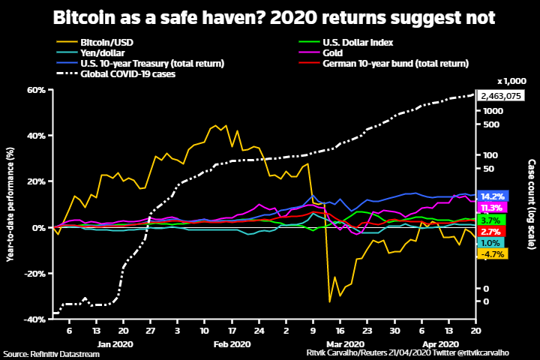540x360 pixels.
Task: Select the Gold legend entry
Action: point(334,54)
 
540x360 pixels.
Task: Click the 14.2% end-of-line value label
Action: point(491,196)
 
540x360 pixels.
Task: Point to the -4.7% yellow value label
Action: point(491,255)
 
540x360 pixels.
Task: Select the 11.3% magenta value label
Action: point(491,208)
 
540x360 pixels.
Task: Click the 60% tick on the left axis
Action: point(37,90)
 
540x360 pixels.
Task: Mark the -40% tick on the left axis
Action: point(36,319)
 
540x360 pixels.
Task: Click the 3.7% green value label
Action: point(491,220)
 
